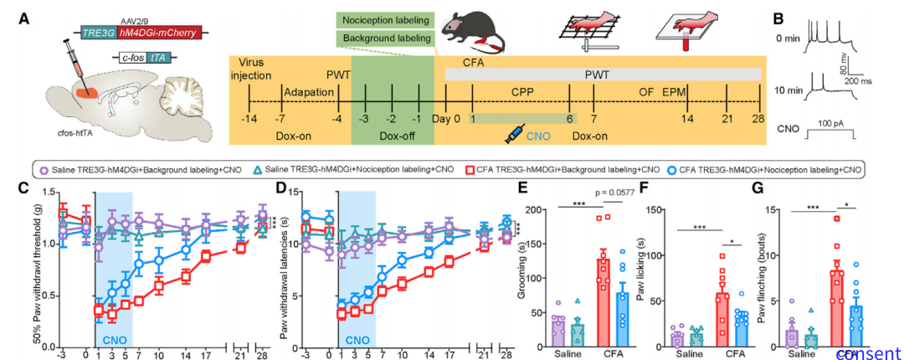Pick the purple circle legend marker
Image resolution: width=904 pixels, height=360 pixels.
(44, 170)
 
